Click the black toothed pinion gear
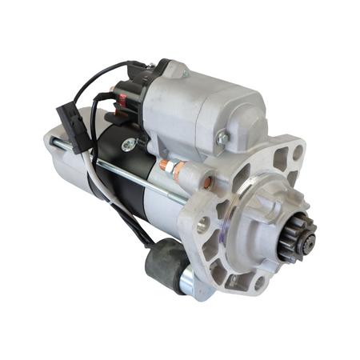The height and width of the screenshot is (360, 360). coord(302,233)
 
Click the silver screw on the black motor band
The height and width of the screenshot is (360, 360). coord(129,145)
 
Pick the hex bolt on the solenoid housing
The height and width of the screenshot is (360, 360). coord(222,138)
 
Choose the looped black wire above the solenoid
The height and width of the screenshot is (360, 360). coord(112,76)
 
